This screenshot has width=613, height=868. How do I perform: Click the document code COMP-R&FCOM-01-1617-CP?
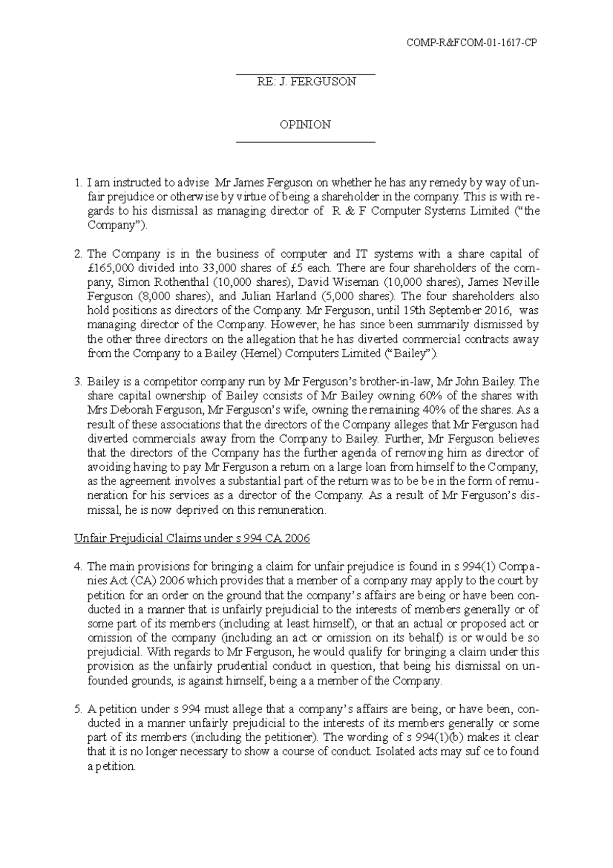(x=471, y=43)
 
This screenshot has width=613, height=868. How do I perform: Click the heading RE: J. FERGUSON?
(x=305, y=82)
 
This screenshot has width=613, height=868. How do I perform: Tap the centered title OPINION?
(x=305, y=124)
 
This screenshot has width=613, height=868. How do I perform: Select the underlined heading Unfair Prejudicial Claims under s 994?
(x=192, y=538)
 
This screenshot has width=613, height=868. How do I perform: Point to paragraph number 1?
(x=77, y=182)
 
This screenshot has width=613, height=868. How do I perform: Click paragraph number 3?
(x=77, y=381)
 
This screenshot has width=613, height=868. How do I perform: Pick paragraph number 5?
(x=77, y=709)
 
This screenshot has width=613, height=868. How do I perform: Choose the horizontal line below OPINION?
(x=305, y=142)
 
